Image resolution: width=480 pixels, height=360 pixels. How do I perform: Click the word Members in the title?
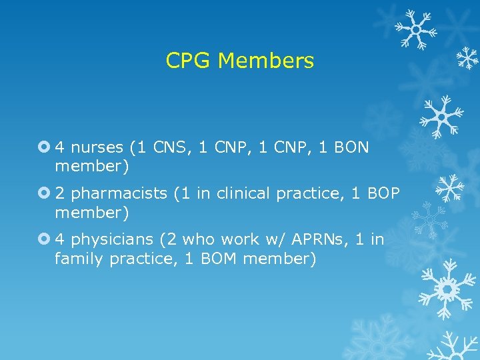tap(265, 61)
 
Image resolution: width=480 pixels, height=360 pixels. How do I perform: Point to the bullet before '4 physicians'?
tap(45, 239)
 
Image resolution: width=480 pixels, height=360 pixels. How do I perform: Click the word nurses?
tap(97, 147)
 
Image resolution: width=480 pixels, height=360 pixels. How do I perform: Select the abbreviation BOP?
tap(383, 194)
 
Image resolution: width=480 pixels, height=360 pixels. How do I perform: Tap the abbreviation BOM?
tap(219, 259)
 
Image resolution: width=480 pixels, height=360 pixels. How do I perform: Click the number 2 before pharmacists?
tap(59, 194)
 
